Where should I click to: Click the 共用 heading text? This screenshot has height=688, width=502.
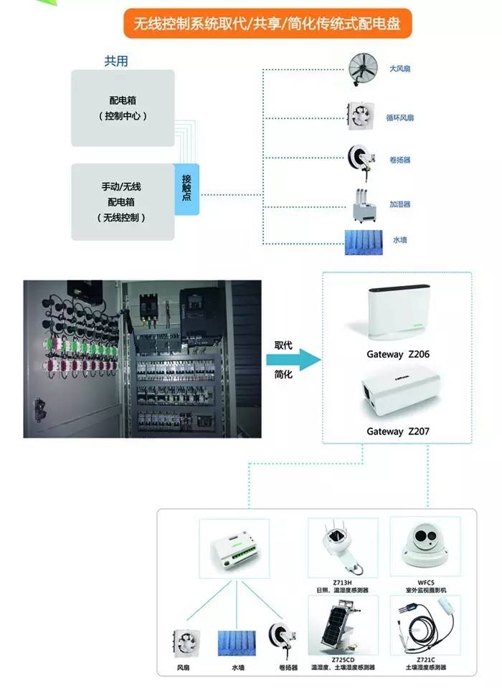[x=117, y=62]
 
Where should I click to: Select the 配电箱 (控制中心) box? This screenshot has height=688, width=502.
[x=123, y=108]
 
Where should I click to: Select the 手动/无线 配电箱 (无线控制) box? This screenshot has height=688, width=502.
[x=123, y=201]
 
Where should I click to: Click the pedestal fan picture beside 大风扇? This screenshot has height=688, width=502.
[x=363, y=69]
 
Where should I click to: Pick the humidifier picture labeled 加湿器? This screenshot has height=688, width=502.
[x=365, y=203]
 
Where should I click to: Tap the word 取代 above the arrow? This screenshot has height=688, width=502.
[x=283, y=344]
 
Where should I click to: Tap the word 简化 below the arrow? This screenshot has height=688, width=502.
[x=283, y=376]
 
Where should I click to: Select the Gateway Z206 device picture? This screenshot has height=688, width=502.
[x=398, y=313]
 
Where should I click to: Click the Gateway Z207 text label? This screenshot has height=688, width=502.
[x=398, y=431]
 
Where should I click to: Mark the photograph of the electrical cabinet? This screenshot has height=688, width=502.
[x=142, y=358]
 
